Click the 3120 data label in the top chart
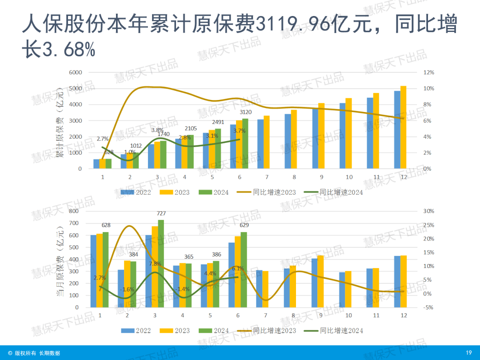click(245, 112)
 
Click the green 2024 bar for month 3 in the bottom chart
click(160, 264)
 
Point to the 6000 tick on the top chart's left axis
click(76, 72)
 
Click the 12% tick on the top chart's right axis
click(428, 72)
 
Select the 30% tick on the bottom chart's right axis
click(428, 211)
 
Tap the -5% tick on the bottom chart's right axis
click(428, 307)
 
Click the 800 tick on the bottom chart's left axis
click(73, 211)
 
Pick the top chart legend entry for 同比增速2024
click(341, 192)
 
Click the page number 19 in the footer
click(468, 353)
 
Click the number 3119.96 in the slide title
click(292, 25)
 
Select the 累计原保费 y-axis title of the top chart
click(60, 123)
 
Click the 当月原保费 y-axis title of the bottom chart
click(60, 260)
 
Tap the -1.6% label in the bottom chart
click(127, 289)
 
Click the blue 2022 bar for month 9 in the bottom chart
click(314, 283)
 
